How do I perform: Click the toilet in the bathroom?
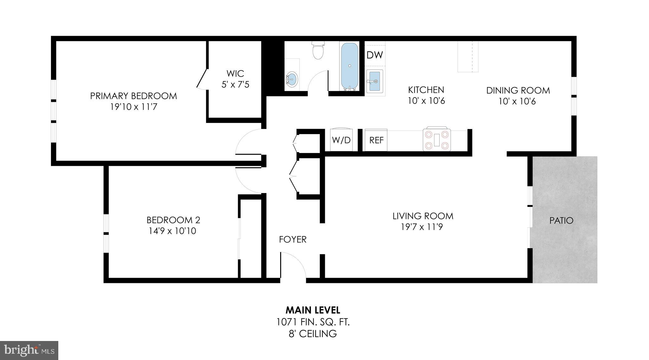pos(318,51)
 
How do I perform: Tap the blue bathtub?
pos(350,67)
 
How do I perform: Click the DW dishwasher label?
pos(375,55)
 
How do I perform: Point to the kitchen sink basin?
pos(375,81)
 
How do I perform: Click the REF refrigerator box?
pos(376,140)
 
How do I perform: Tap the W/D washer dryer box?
pos(341,140)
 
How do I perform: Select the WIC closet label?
pos(235,74)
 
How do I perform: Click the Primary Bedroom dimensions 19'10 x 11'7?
pos(133,107)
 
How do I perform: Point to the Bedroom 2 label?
pos(173,220)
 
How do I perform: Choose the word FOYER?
pos(292,240)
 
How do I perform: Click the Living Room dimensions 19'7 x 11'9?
pos(422,227)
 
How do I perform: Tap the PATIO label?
pos(561,221)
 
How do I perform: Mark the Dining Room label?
pos(518,91)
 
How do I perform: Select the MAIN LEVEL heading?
pos(312,310)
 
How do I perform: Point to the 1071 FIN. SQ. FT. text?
pos(312,322)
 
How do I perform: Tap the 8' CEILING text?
pos(312,333)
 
